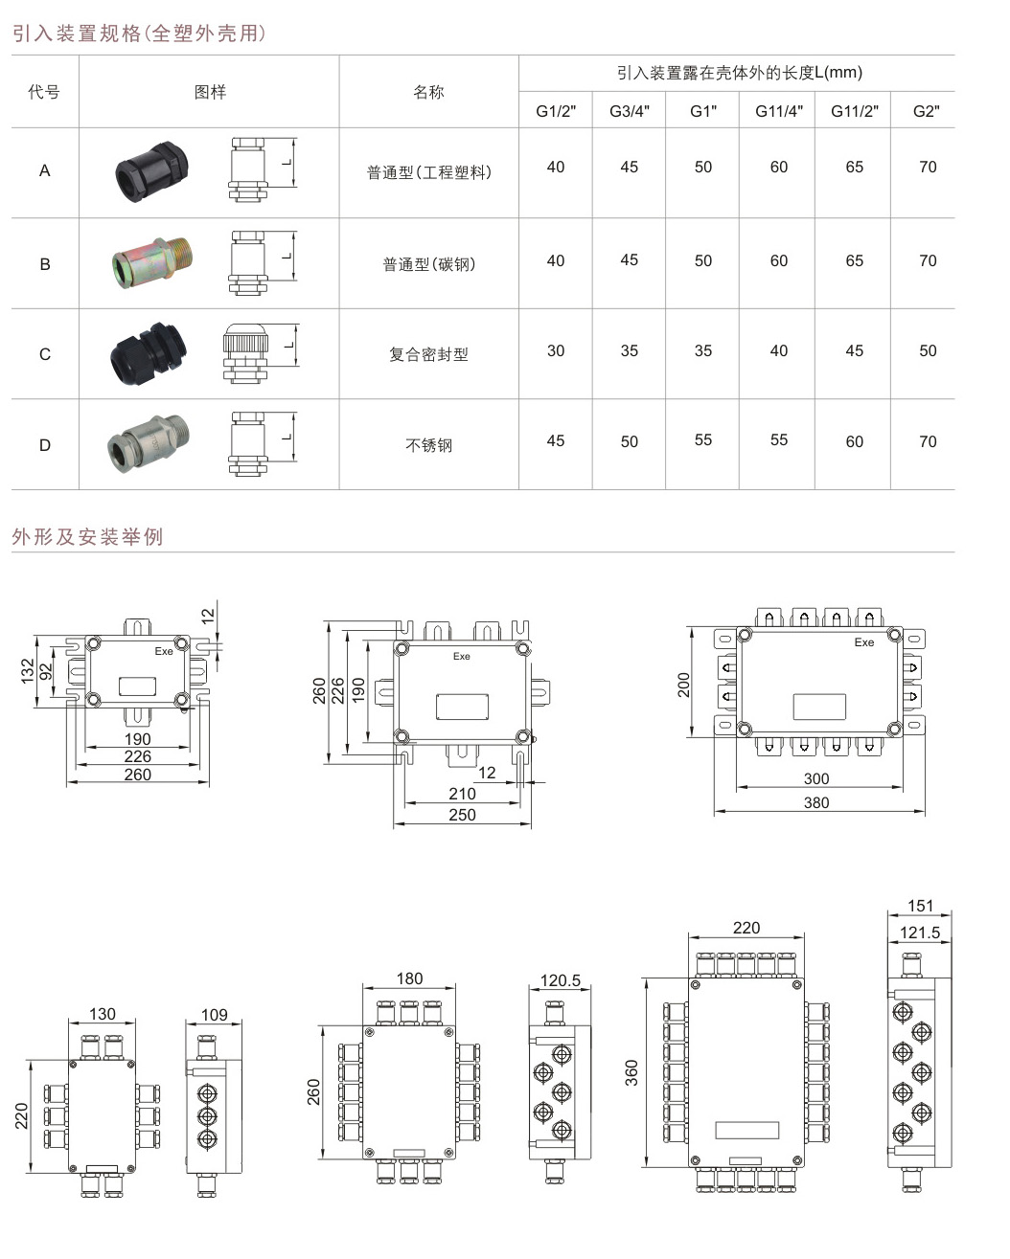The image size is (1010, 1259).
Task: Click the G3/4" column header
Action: pos(629,111)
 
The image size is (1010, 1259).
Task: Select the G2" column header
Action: pos(926,111)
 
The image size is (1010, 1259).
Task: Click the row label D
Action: pos(44,445)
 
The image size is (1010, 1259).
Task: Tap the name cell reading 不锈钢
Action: pos(428,445)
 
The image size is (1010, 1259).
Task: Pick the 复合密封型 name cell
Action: pos(428,354)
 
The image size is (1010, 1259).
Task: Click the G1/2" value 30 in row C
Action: pos(556,351)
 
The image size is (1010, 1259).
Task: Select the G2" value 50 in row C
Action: pos(928,351)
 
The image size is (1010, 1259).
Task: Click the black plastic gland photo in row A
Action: pos(150,171)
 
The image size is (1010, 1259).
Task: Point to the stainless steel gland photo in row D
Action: pos(149,442)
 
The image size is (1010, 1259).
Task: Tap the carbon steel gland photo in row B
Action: pos(150,263)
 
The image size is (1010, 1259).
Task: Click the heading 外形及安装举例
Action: pos(88,537)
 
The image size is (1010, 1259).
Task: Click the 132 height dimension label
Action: pos(27,669)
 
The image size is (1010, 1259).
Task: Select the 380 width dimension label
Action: pos(816,802)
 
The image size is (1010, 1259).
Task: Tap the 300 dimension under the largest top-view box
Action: pos(816,778)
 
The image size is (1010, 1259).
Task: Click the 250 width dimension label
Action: pos(462,815)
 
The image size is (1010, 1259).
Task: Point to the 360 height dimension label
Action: pos(631,1072)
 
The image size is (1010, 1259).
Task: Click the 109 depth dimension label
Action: pos(214,1015)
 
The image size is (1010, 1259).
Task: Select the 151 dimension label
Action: pos(920,906)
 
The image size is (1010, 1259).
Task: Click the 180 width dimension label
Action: pos(409,978)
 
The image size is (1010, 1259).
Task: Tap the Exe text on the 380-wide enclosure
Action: pos(864,642)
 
